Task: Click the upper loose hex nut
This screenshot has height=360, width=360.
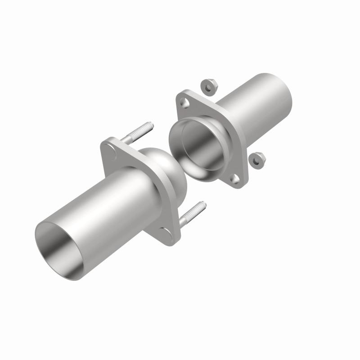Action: click(x=208, y=85)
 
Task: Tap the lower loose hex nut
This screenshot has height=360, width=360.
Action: click(x=257, y=159)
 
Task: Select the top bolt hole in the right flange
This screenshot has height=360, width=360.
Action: click(x=185, y=103)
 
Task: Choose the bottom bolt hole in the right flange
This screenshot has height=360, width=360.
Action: click(x=234, y=179)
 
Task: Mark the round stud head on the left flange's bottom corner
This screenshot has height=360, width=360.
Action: click(x=166, y=232)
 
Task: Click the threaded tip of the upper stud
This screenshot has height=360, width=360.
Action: click(x=150, y=126)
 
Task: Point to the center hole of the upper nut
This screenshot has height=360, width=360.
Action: click(x=207, y=84)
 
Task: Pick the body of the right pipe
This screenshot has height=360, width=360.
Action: click(x=256, y=112)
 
